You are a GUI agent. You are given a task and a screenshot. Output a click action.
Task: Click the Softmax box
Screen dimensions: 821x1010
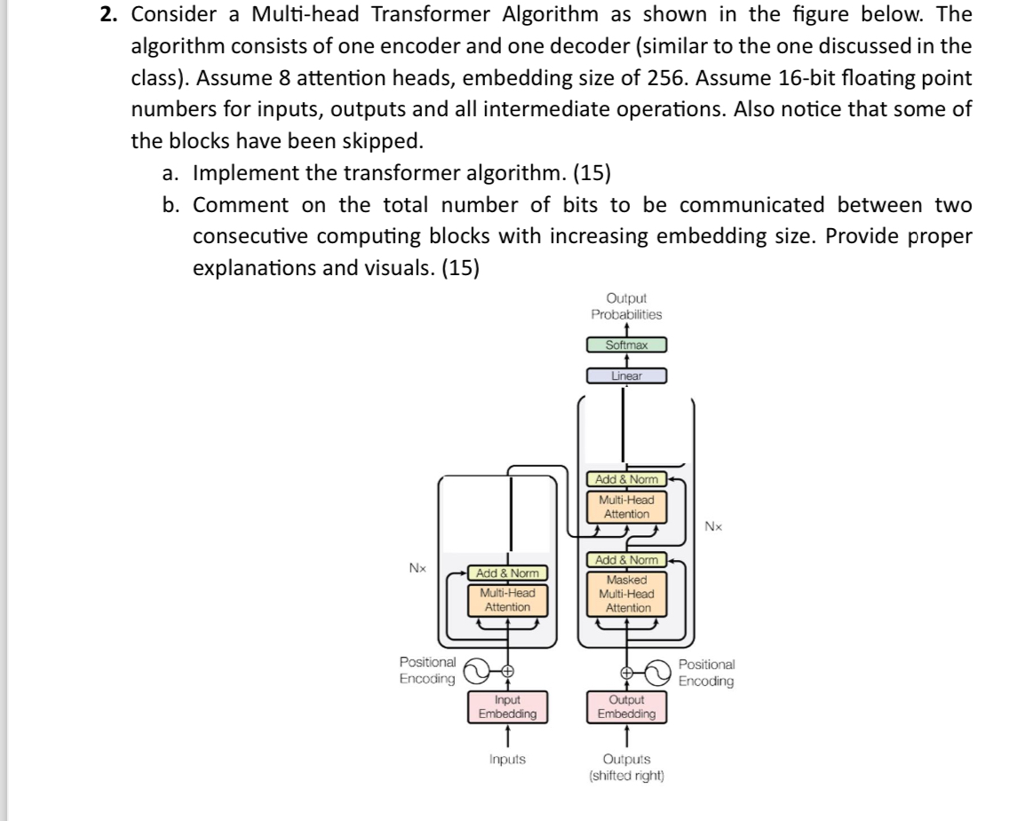(626, 345)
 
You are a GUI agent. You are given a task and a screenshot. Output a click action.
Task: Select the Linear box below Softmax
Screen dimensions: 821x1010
(626, 376)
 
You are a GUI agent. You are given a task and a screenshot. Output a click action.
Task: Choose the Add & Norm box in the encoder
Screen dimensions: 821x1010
(507, 573)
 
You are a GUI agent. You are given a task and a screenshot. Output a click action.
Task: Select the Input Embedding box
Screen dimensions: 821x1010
(507, 707)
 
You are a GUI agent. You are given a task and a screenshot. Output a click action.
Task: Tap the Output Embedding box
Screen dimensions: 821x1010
(626, 707)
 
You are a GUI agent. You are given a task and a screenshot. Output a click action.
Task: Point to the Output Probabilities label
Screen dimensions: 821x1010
(626, 306)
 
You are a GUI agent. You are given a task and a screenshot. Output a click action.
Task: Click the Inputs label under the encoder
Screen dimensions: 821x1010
(507, 760)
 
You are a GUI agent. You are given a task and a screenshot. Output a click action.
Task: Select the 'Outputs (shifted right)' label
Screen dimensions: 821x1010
(626, 767)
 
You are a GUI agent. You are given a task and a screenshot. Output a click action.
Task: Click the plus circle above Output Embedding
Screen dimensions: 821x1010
(626, 672)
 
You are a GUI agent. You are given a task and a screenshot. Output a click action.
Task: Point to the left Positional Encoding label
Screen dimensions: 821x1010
(428, 672)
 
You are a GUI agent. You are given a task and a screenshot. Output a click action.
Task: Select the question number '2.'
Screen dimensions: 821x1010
(110, 16)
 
